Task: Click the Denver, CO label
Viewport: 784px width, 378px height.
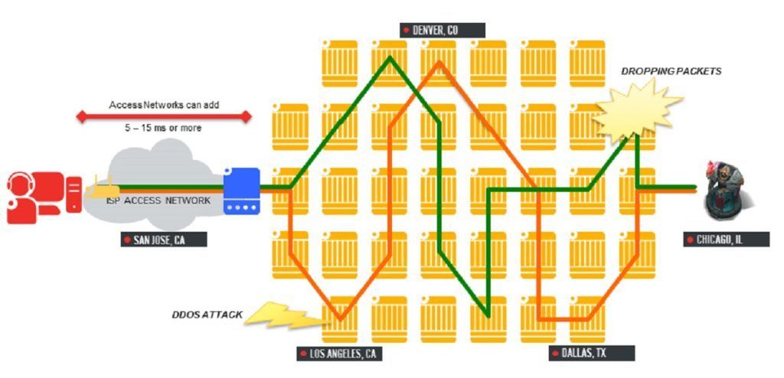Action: click(x=443, y=30)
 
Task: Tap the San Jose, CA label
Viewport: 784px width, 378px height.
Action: click(x=164, y=240)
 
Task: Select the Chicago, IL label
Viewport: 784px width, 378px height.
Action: click(x=727, y=240)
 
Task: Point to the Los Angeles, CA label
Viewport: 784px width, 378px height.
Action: click(x=339, y=354)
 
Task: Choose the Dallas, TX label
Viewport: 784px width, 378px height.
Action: click(x=592, y=353)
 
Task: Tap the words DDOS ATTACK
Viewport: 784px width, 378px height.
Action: click(x=207, y=314)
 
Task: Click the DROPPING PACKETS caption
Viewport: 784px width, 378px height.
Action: click(x=671, y=71)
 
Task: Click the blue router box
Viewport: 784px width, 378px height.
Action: click(x=241, y=191)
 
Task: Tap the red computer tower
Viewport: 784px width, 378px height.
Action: click(x=73, y=194)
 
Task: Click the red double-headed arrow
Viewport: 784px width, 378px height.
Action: click(x=164, y=117)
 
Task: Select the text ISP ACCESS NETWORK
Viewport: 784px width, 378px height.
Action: click(x=158, y=200)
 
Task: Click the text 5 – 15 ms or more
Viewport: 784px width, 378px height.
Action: click(x=164, y=128)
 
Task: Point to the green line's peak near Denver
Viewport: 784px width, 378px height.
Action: click(x=390, y=58)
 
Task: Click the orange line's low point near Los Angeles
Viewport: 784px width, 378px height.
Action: click(x=341, y=318)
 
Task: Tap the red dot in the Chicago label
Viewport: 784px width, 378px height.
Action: click(x=691, y=240)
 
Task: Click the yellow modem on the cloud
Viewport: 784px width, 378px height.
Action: click(x=102, y=188)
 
